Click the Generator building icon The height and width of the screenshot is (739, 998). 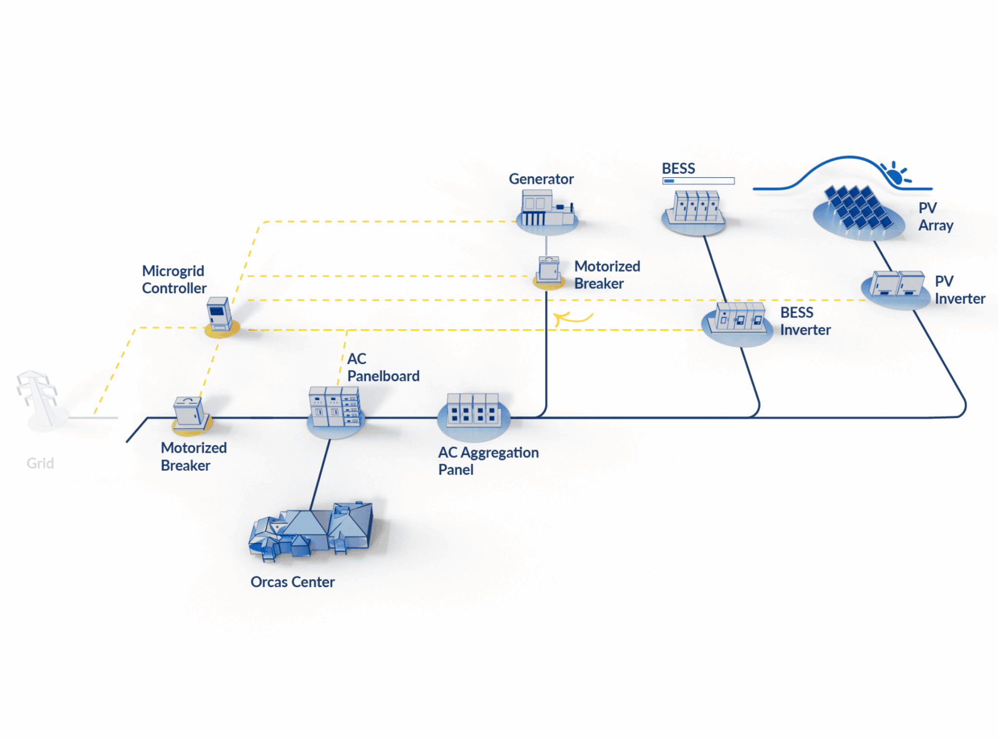point(546,209)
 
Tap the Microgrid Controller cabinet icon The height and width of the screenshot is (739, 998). point(219,314)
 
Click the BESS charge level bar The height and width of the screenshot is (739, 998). point(698,181)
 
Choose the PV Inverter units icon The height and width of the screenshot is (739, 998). point(897,284)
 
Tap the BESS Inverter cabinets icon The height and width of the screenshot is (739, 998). point(738,318)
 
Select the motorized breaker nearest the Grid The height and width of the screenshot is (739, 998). point(191,413)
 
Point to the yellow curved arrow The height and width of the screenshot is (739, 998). point(573,318)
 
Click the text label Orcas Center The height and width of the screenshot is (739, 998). point(292,582)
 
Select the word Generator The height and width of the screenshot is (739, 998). point(541,179)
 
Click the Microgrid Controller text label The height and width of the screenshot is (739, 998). point(174,280)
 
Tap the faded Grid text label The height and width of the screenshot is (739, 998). point(40,463)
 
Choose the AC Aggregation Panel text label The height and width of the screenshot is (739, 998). point(488,461)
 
